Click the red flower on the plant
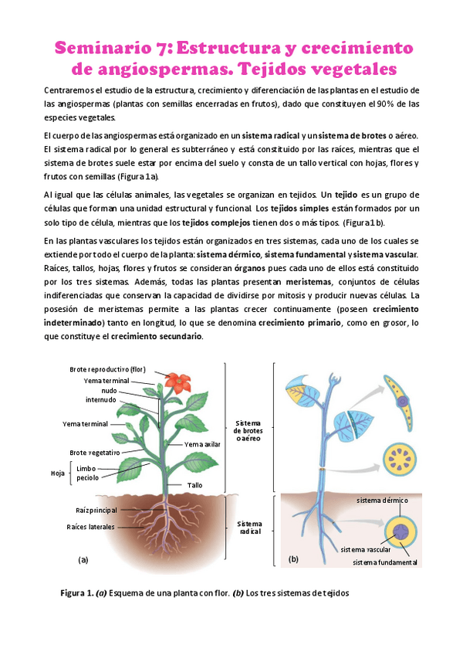(179, 381)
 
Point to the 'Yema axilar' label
(202, 444)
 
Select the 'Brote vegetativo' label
(94, 453)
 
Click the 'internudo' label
(101, 400)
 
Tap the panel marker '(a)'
(83, 558)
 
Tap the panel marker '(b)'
(293, 558)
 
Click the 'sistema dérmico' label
(382, 501)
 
